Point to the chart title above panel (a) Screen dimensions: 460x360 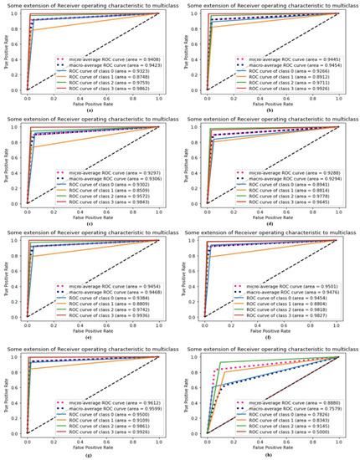click(90, 5)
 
